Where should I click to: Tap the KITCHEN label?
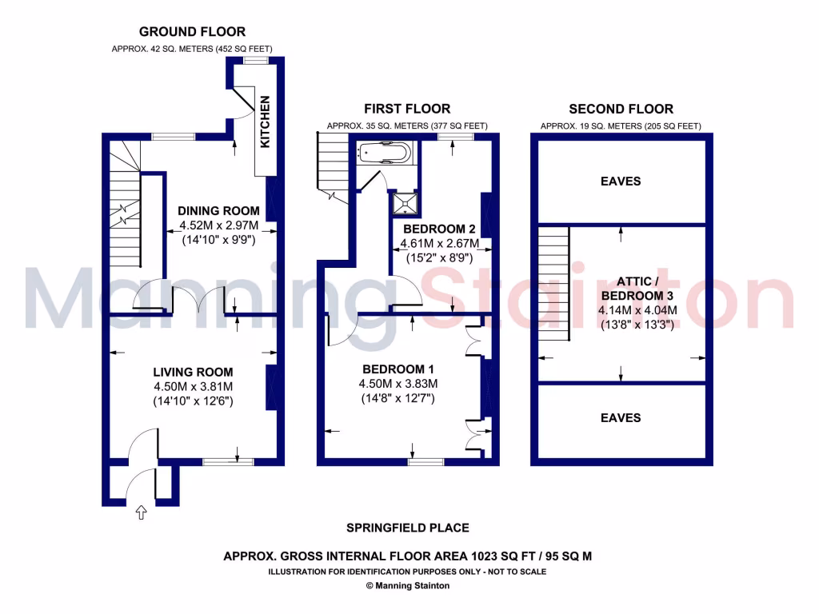point(266,122)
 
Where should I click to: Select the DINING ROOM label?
point(218,211)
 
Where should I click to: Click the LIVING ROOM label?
point(193,372)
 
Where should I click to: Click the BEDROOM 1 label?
point(398,369)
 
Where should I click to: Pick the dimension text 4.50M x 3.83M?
point(398,384)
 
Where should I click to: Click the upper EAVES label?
point(621,181)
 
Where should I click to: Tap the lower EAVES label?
point(621,418)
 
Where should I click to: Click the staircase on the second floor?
point(553,284)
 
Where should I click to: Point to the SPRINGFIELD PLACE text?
point(407,528)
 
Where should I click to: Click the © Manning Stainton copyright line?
point(407,585)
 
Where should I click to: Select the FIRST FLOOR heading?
point(407,109)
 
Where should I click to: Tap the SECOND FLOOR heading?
point(621,109)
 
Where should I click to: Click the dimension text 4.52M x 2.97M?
point(218,225)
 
